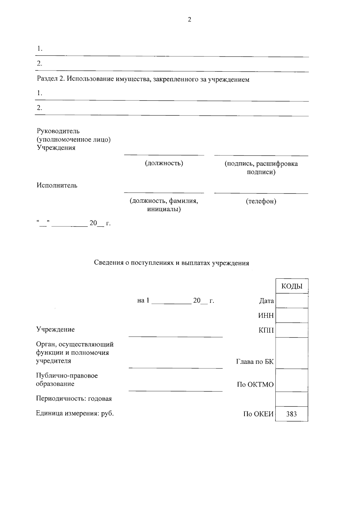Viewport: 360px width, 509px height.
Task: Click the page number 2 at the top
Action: (x=189, y=20)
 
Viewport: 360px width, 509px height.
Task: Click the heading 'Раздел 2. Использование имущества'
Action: (x=143, y=79)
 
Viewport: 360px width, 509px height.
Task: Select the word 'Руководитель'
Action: (x=58, y=131)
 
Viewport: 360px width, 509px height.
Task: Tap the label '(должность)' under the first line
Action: (x=164, y=163)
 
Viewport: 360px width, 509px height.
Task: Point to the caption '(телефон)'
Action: (x=261, y=201)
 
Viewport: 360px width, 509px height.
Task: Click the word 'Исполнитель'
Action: (x=57, y=185)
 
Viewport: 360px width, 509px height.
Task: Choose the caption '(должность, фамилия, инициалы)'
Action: (x=164, y=205)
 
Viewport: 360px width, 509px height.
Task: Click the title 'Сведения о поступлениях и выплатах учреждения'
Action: (x=172, y=263)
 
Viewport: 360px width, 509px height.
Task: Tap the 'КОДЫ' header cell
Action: (x=292, y=286)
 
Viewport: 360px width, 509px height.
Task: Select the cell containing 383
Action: (x=292, y=414)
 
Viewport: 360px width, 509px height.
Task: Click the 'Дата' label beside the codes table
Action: (x=266, y=301)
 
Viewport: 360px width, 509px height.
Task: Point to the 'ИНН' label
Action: (x=266, y=316)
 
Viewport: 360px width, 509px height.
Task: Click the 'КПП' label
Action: (x=266, y=330)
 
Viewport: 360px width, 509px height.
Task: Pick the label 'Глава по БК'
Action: (x=255, y=362)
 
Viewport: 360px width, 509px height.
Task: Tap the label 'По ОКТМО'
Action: (x=255, y=385)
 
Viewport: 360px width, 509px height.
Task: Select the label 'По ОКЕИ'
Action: (x=258, y=414)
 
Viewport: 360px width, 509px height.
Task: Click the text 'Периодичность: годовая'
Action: (x=74, y=399)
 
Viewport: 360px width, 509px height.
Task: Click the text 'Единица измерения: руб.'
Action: (x=75, y=413)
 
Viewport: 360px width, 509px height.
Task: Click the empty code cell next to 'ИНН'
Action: (x=292, y=316)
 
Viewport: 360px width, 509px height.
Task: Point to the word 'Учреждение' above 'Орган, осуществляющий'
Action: (x=55, y=329)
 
